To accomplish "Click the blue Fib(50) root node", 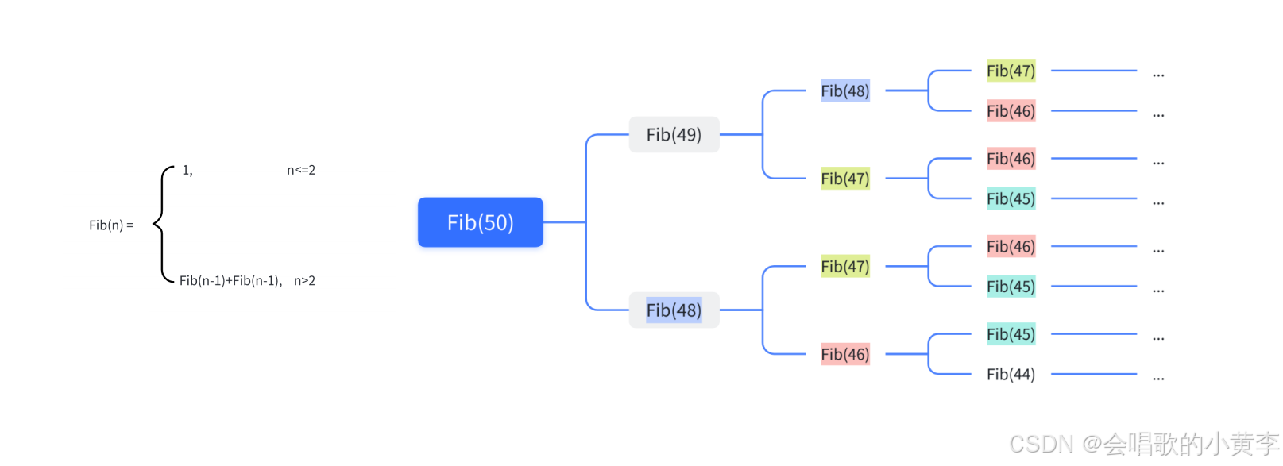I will click(480, 222).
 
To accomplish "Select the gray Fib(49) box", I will click(674, 135).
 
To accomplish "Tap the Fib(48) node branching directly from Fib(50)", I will click(674, 310).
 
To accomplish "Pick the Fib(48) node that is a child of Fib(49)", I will click(845, 91).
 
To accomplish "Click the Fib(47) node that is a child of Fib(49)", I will click(845, 179).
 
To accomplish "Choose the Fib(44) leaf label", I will click(1011, 374).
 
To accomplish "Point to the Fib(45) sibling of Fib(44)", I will click(1011, 334).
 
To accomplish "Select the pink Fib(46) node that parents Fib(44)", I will click(845, 354).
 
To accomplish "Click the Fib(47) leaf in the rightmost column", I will click(1011, 71).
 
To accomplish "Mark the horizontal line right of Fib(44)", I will click(1093, 374).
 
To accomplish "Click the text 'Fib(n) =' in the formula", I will click(111, 225).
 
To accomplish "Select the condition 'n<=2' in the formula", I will click(301, 170).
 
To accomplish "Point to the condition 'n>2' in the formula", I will click(304, 280).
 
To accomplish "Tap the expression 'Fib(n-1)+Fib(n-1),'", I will click(230, 280).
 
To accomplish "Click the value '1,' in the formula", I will click(187, 170).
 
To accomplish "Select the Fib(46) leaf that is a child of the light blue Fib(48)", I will click(1011, 111).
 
